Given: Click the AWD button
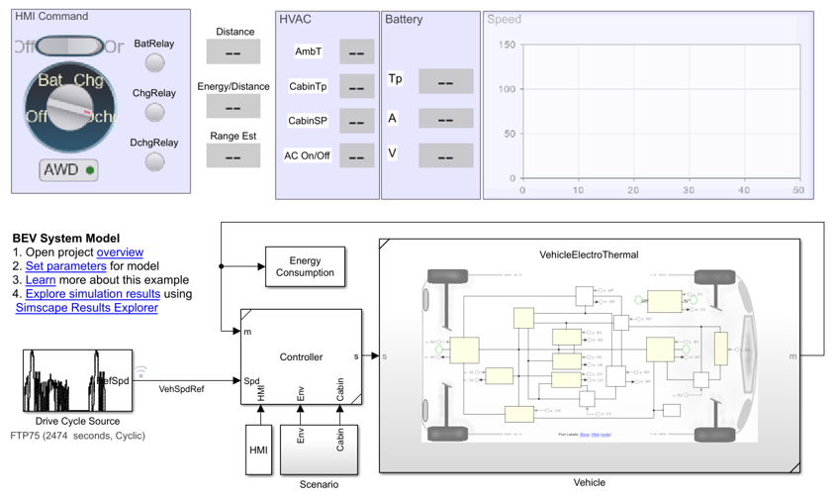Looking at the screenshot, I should (x=69, y=170).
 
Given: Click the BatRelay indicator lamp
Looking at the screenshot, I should (x=154, y=62).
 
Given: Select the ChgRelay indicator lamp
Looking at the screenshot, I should (x=154, y=112).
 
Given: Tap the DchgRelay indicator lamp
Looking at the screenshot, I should (x=154, y=161).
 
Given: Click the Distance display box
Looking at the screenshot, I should (x=233, y=52).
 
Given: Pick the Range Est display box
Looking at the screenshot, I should (x=233, y=155).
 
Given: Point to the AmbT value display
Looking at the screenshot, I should (x=356, y=51).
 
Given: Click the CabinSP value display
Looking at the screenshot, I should (x=356, y=121).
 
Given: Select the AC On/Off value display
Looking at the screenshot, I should (x=356, y=155).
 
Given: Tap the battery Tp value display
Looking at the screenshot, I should (x=445, y=81).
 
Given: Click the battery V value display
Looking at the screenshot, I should (x=445, y=154).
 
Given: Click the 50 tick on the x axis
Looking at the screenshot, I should (x=797, y=190).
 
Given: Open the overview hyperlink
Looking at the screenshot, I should (x=120, y=252).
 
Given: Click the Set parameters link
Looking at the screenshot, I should (x=65, y=266).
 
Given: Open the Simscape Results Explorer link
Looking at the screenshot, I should (x=86, y=308).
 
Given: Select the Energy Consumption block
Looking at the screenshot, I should (x=305, y=267).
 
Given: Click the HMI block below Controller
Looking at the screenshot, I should (x=258, y=450).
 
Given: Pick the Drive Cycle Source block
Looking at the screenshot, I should (x=77, y=380).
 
